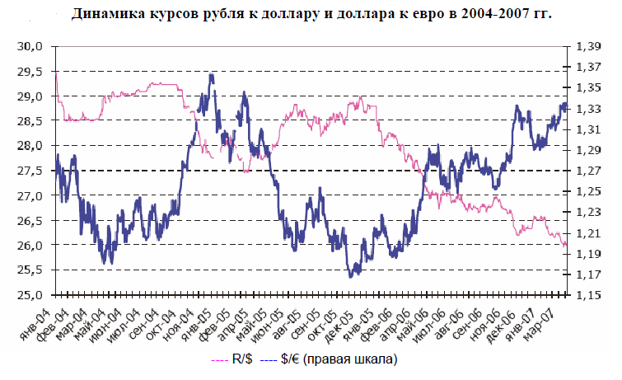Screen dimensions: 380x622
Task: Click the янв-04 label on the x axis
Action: click(55, 317)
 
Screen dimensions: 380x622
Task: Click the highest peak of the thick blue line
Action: click(212, 75)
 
